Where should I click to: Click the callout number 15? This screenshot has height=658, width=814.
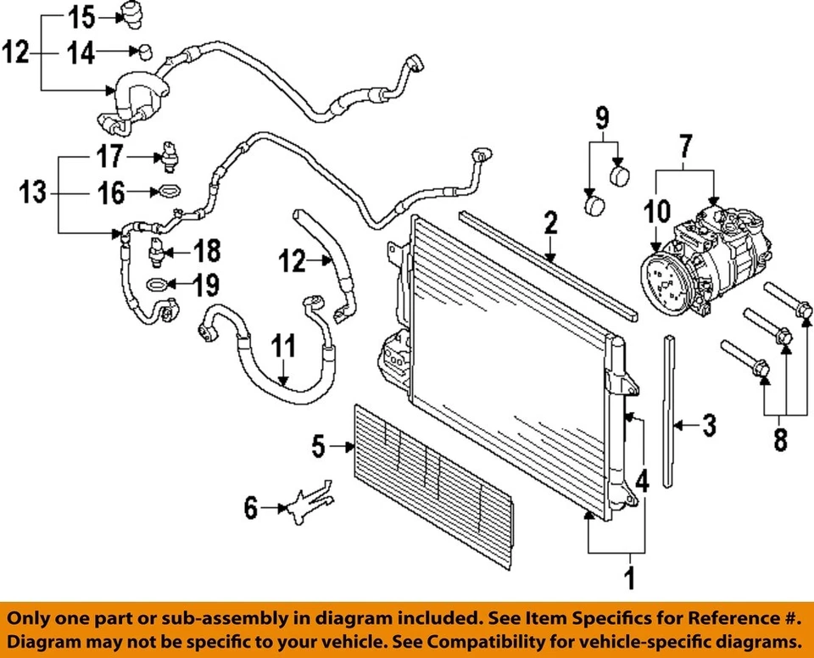coord(81,15)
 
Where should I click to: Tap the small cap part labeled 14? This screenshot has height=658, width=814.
coord(145,53)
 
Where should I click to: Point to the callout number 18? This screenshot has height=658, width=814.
coord(207,251)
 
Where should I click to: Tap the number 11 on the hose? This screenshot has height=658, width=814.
coord(284,346)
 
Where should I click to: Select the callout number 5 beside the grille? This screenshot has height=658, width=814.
coord(318,446)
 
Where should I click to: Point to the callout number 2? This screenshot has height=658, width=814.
coord(550,224)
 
